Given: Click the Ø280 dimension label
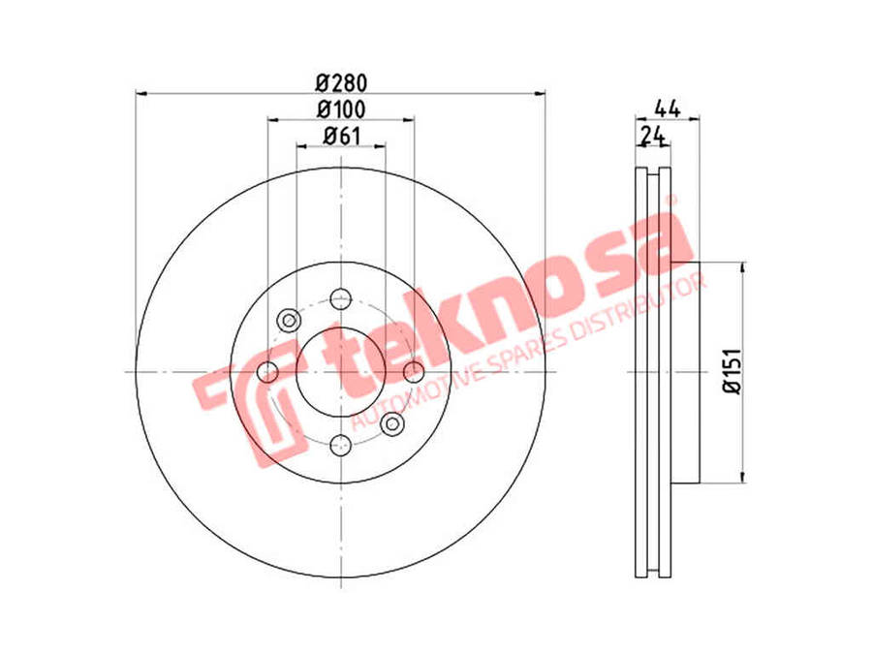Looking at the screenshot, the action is click(x=341, y=83).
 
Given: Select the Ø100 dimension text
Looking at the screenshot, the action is click(x=341, y=109).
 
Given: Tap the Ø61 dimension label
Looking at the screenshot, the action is click(x=341, y=136).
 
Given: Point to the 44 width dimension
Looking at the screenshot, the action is click(x=668, y=109).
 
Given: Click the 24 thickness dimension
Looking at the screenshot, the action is click(x=653, y=135).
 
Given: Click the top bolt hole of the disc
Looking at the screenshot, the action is click(x=340, y=299).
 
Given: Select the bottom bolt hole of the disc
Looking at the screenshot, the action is click(x=340, y=445).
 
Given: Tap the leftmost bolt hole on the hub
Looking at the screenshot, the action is click(x=268, y=371).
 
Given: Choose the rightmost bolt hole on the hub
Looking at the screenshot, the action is click(x=414, y=371).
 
